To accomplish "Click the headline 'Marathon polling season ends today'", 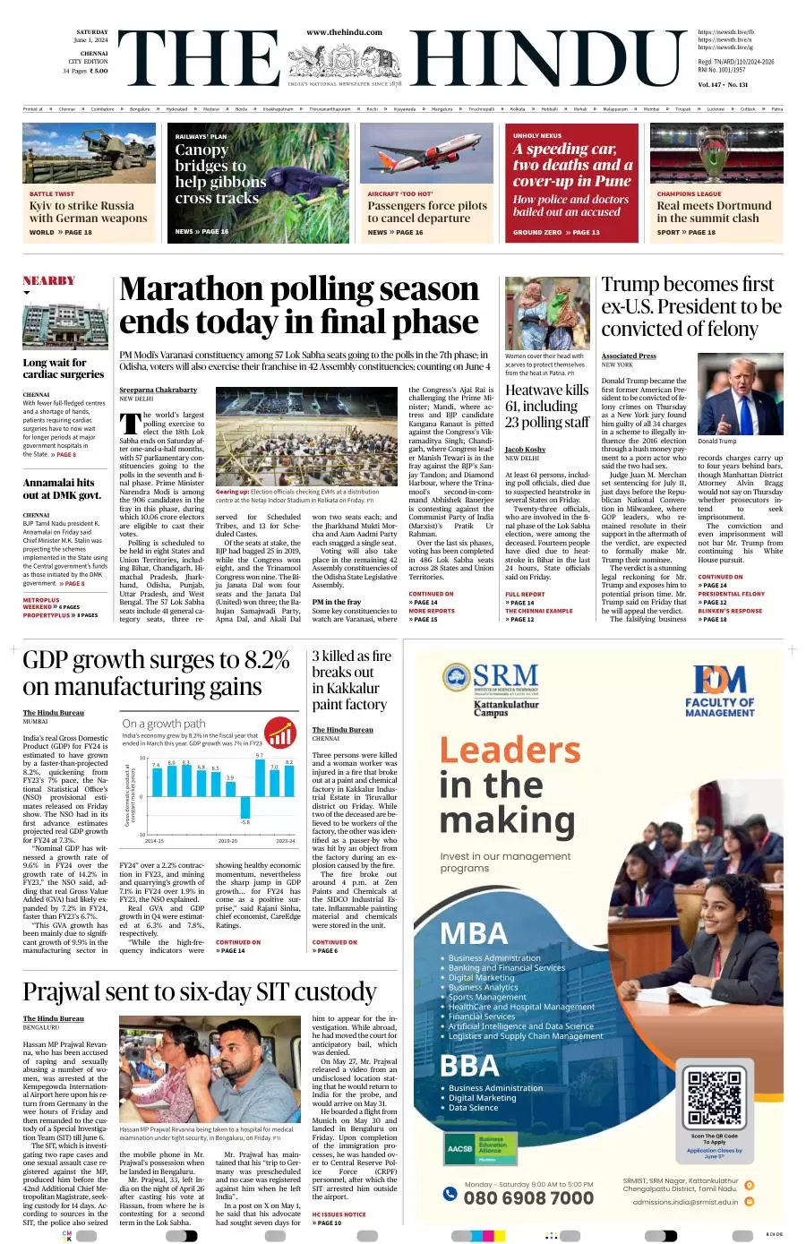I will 299,305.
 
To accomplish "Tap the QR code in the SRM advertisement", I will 714,1097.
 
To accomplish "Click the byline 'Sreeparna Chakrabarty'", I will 159,390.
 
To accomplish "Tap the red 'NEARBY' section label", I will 49,280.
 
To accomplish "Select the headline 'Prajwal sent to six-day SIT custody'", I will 200,991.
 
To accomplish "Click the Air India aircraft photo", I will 427,154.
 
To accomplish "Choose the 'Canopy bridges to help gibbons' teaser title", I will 220,174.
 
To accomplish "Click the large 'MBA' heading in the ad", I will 474,934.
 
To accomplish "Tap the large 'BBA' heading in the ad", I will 469,1066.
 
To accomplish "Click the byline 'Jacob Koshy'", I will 525,450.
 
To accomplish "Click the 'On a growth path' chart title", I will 164,723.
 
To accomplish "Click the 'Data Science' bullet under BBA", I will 473,1107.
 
